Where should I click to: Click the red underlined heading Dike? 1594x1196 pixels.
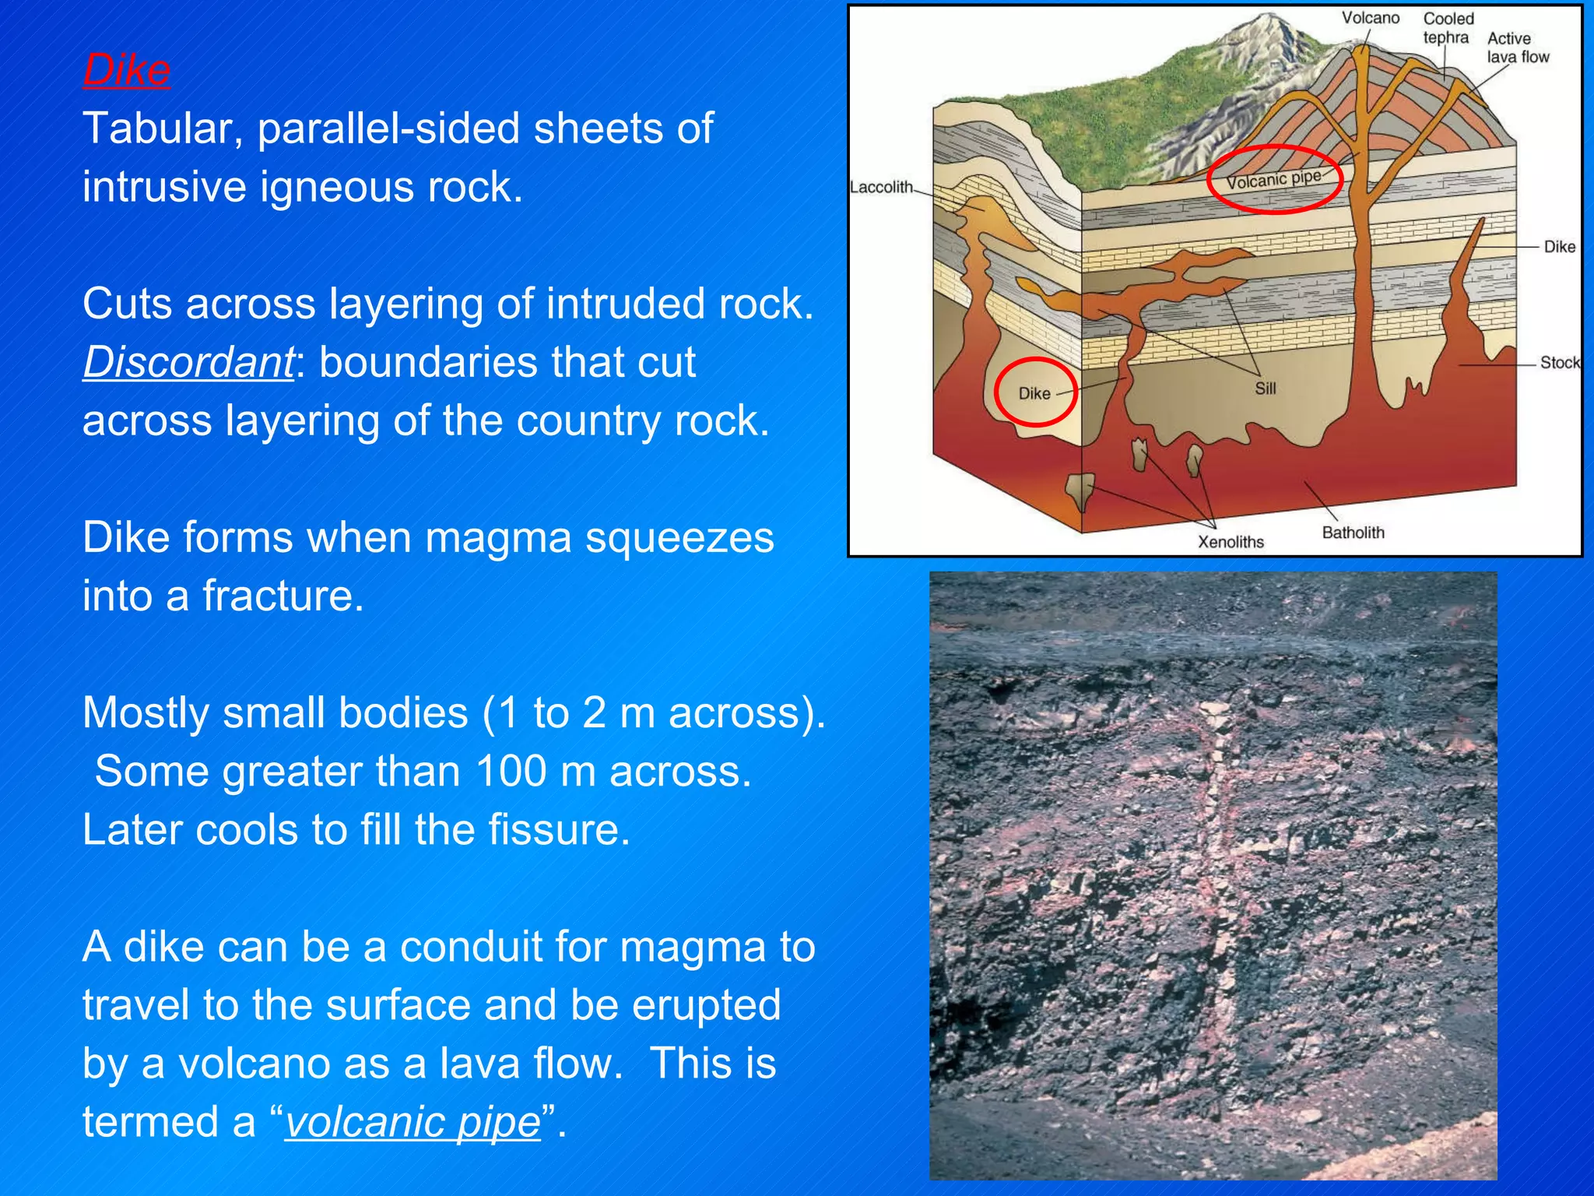[x=126, y=70]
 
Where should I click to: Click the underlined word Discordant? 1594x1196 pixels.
[x=188, y=362]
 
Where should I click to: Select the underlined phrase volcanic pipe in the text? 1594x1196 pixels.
[x=413, y=1122]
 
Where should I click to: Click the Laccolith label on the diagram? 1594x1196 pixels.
[x=881, y=188]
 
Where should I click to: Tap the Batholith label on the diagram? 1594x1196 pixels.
[x=1353, y=533]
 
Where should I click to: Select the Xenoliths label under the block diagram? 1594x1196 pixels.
[x=1231, y=542]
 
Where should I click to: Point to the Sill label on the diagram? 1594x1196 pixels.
[x=1265, y=388]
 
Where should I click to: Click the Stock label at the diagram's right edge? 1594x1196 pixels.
[x=1560, y=363]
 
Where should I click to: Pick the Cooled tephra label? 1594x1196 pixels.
[x=1448, y=28]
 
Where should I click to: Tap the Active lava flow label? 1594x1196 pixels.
[x=1518, y=47]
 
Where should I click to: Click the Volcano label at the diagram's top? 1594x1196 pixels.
[x=1370, y=18]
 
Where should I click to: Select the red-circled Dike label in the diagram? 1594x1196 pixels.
[x=1034, y=394]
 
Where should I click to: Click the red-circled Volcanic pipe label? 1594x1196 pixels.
[x=1273, y=180]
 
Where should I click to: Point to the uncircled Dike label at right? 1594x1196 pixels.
[x=1559, y=247]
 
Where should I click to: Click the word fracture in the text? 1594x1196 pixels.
[x=283, y=596]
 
